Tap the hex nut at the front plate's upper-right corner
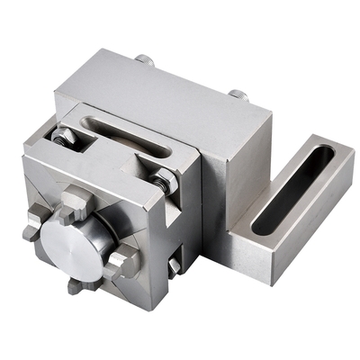point(163,184)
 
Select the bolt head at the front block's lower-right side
point(174,265)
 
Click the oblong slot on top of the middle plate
point(135,136)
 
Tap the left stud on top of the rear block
point(145,60)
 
